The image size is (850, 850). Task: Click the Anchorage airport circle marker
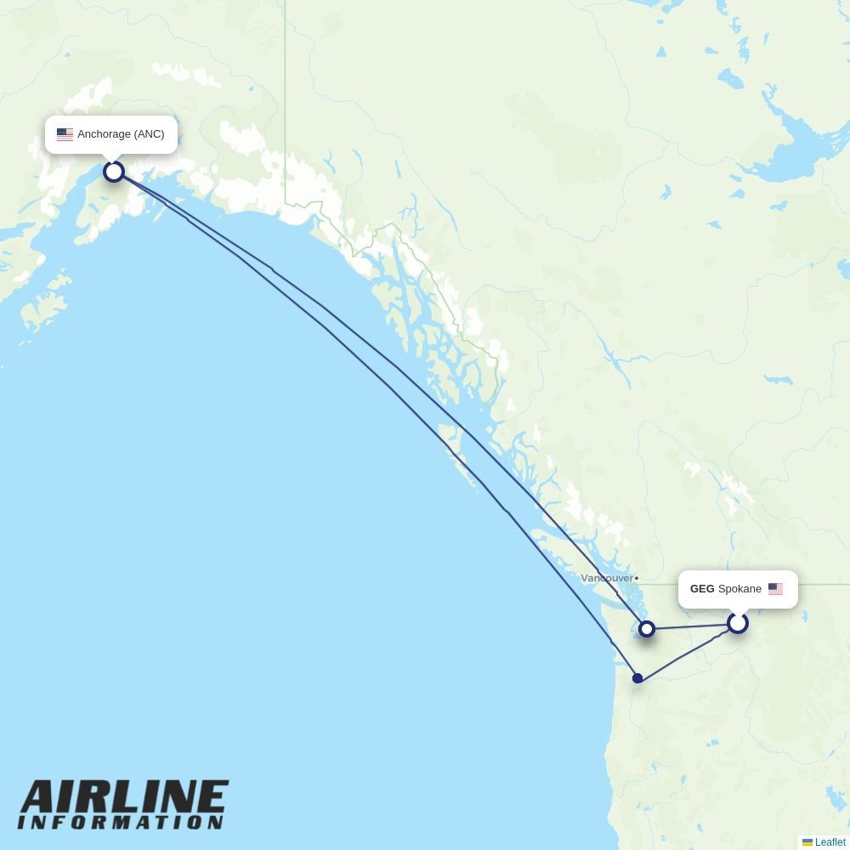pyautogui.click(x=114, y=172)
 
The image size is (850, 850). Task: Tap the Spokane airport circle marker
pyautogui.click(x=737, y=623)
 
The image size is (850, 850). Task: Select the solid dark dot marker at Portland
pyautogui.click(x=637, y=678)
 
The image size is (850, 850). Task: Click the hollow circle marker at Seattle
pyautogui.click(x=647, y=629)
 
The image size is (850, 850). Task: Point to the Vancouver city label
pyautogui.click(x=607, y=578)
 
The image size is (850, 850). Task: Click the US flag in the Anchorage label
pyautogui.click(x=65, y=134)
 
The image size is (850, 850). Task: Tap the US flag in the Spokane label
pyautogui.click(x=775, y=588)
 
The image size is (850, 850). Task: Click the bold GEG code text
pyautogui.click(x=702, y=589)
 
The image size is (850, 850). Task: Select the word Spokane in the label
pyautogui.click(x=739, y=589)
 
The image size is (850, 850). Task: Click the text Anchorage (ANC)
pyautogui.click(x=121, y=134)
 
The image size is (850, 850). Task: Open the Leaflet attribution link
pyautogui.click(x=830, y=842)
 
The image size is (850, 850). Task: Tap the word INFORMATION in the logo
pyautogui.click(x=121, y=823)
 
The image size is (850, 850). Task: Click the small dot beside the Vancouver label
pyautogui.click(x=637, y=578)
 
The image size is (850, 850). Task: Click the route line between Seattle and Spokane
pyautogui.click(x=690, y=626)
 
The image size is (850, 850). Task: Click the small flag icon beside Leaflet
pyautogui.click(x=807, y=842)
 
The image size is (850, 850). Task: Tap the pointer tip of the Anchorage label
pyautogui.click(x=111, y=159)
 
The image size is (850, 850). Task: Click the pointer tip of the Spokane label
pyautogui.click(x=738, y=612)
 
